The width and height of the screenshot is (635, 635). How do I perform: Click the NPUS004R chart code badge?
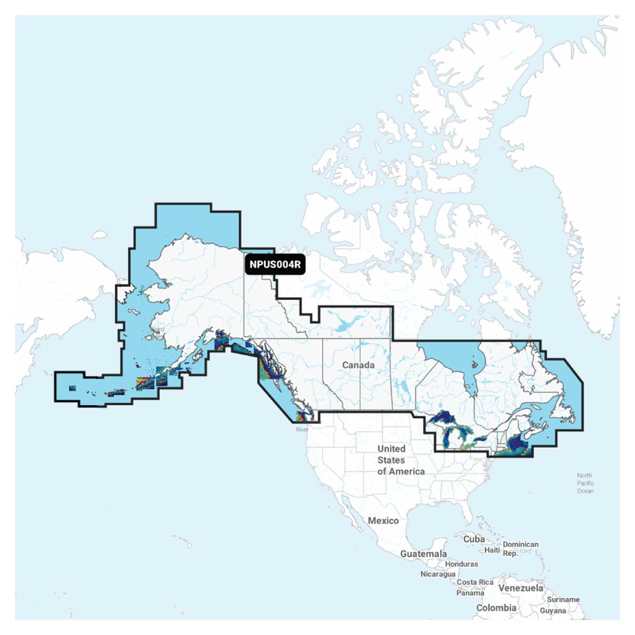[x=275, y=265]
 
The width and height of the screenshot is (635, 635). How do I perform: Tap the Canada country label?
[x=358, y=365]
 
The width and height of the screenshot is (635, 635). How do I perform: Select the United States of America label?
[x=400, y=460]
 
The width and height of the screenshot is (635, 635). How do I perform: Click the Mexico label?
[x=383, y=521]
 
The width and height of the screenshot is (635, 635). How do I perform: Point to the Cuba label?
[x=474, y=539]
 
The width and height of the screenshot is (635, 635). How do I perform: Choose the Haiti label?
[x=492, y=550]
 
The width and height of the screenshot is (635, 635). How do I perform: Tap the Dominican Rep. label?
[x=520, y=549]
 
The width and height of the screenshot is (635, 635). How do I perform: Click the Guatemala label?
[x=423, y=554]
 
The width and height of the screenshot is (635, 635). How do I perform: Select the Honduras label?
[x=461, y=564]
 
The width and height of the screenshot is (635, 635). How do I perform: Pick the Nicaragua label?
[x=438, y=574]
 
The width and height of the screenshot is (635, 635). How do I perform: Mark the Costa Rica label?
[x=475, y=582]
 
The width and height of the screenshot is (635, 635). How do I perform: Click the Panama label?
[x=470, y=593]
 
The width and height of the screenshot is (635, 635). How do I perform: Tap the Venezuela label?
[x=521, y=588]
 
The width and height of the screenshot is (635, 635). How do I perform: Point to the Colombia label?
[x=496, y=608]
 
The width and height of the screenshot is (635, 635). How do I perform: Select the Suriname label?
[x=563, y=599]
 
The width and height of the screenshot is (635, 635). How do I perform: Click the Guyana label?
[x=552, y=610]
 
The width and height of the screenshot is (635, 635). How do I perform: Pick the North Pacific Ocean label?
[x=585, y=483]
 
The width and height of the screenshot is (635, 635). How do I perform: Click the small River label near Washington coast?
[x=302, y=429]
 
